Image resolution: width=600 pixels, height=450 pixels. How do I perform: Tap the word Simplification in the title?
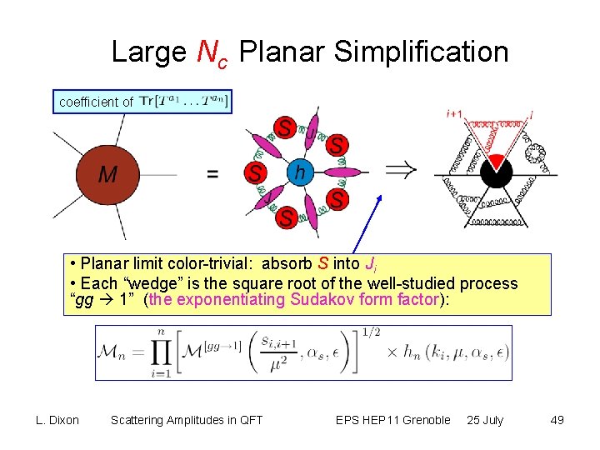tap(421, 52)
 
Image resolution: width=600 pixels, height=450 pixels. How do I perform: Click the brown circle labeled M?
tap(108, 174)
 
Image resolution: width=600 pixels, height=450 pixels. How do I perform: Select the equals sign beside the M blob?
tap(212, 174)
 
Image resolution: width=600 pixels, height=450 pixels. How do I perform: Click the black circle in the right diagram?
tap(497, 173)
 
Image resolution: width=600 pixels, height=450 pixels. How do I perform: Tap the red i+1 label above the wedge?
tap(455, 113)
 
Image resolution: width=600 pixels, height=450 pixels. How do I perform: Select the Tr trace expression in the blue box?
tap(184, 102)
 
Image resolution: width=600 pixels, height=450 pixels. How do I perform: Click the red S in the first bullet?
tap(323, 265)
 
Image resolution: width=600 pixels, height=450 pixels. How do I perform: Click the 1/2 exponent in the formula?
tap(372, 333)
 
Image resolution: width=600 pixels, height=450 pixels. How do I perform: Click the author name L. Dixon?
tap(57, 420)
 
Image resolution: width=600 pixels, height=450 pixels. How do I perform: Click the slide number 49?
tap(557, 420)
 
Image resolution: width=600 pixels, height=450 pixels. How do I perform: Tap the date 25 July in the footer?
tap(485, 420)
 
